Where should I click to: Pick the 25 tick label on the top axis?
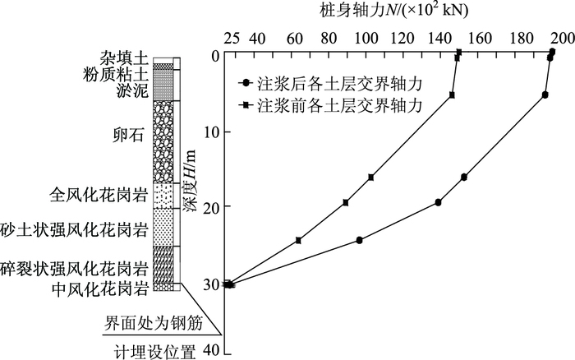point(232,39)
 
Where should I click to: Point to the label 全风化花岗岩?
point(99,196)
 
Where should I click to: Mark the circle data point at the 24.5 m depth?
point(360,240)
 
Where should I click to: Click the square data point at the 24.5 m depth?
point(298,240)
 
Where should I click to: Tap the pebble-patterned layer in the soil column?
point(163,140)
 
